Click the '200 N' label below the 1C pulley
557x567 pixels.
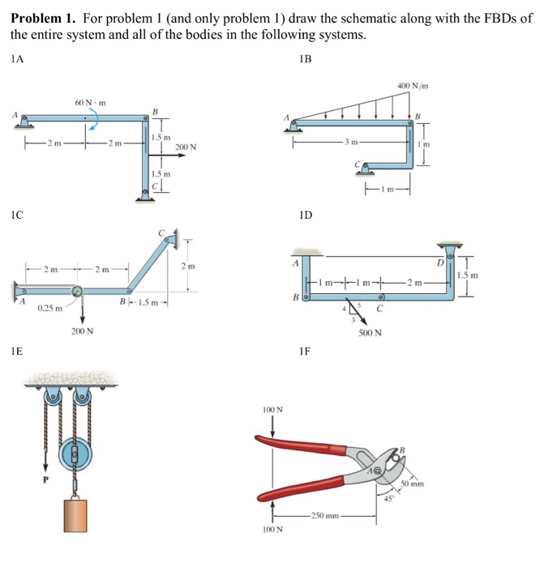click(82, 332)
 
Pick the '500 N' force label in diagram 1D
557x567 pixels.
click(370, 333)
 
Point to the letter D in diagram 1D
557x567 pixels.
click(441, 262)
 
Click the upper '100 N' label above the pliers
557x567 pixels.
click(272, 410)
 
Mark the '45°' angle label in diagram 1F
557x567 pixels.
click(388, 498)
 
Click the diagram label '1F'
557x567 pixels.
click(304, 352)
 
